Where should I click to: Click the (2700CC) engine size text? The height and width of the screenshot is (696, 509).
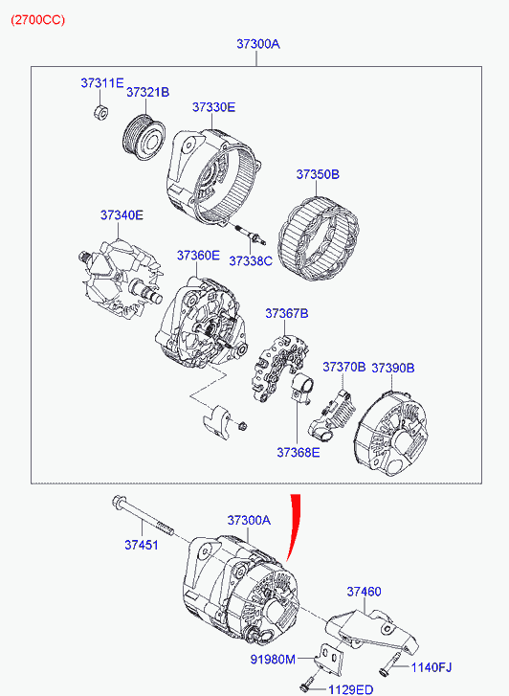pos(38,20)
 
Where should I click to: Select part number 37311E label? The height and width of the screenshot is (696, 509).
pos(102,83)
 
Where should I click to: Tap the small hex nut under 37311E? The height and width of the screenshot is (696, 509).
pos(100,112)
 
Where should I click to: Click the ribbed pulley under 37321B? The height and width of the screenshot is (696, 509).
pos(143,137)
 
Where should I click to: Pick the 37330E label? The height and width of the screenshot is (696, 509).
pos(214,107)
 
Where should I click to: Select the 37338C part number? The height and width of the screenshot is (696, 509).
pos(251,261)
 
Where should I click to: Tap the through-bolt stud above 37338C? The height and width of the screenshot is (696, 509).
pos(251,234)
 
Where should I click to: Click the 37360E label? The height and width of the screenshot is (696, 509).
pos(198,256)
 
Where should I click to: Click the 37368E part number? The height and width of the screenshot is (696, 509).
pos(299,452)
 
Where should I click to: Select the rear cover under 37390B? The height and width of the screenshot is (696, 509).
pos(391,434)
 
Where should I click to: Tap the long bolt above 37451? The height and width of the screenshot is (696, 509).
pos(142,515)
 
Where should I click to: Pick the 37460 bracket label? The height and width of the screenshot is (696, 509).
pos(364,592)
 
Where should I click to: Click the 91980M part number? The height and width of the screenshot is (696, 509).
pos(273,660)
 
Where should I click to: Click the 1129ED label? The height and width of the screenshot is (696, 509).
pos(350,690)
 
